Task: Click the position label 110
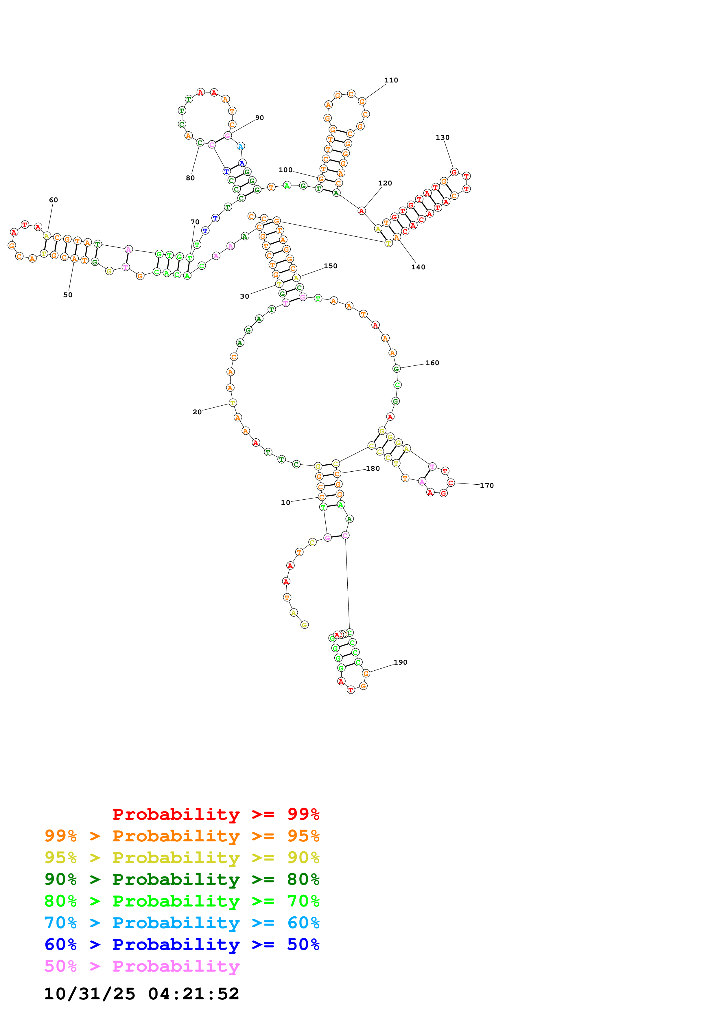pyautogui.click(x=391, y=80)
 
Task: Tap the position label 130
pyautogui.click(x=442, y=137)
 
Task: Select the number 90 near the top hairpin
pyautogui.click(x=259, y=117)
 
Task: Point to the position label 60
pyautogui.click(x=54, y=200)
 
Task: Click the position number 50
pyautogui.click(x=68, y=295)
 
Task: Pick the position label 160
pyautogui.click(x=432, y=363)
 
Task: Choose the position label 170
pyautogui.click(x=486, y=486)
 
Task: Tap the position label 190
pyautogui.click(x=400, y=662)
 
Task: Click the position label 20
pyautogui.click(x=197, y=412)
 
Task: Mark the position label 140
pyautogui.click(x=418, y=267)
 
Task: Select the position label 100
pyautogui.click(x=285, y=170)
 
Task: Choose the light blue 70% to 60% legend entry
pyautogui.click(x=182, y=923)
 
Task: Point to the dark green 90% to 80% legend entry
pyautogui.click(x=182, y=879)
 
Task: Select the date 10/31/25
pyautogui.click(x=90, y=994)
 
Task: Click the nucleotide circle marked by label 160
pyautogui.click(x=396, y=369)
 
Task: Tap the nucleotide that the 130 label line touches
pyautogui.click(x=454, y=172)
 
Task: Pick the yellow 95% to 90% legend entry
pyautogui.click(x=182, y=858)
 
